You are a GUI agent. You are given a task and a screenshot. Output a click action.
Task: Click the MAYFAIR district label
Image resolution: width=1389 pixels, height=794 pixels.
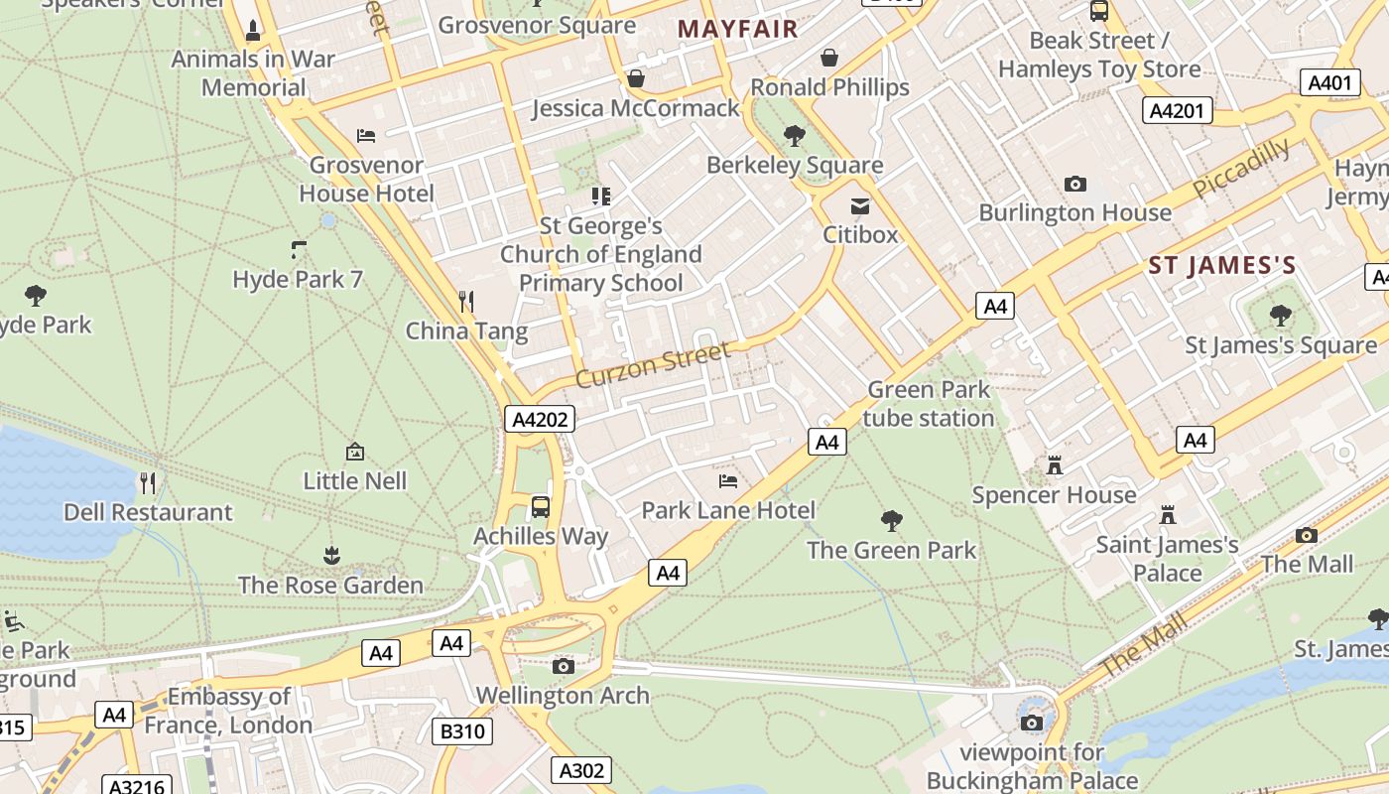point(738,29)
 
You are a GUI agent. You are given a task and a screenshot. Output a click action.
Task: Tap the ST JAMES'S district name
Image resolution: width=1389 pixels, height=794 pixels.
point(1222,265)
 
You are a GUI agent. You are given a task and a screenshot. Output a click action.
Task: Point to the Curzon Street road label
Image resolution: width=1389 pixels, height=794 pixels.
point(653,364)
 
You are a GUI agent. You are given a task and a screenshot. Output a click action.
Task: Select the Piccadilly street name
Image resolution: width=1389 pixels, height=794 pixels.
point(1241,168)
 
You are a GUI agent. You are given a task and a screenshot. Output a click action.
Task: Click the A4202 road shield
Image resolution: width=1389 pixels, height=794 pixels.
point(540,420)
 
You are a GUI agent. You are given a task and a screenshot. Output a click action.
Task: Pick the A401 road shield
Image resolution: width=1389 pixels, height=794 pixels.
point(1329,82)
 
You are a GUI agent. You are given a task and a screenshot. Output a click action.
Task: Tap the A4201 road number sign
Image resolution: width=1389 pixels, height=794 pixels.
point(1178,110)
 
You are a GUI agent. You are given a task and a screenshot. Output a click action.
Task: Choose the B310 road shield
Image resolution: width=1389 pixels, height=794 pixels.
point(462,732)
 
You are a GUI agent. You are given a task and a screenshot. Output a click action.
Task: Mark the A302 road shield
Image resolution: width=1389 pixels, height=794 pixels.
point(581,770)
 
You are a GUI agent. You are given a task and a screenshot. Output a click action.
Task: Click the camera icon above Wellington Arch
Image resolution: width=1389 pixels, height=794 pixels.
point(564,666)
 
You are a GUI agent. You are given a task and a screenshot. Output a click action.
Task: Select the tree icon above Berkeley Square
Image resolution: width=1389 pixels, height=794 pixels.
point(794,135)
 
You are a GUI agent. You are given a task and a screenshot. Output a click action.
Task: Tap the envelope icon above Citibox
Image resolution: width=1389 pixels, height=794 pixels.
point(859,206)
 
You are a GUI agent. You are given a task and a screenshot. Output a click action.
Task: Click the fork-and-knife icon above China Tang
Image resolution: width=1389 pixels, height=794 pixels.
point(466,301)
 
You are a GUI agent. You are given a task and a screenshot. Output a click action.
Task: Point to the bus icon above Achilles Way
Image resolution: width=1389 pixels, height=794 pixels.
point(541,507)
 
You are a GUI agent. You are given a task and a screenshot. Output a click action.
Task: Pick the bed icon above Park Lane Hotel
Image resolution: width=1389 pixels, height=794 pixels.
point(728,481)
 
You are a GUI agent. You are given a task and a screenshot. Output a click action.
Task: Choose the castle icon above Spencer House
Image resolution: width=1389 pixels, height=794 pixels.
point(1054,465)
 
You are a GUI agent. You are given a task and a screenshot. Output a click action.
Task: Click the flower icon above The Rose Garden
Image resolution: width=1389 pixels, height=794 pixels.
point(332,556)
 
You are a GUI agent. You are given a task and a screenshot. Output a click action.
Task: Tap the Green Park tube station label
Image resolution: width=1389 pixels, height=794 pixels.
point(929,404)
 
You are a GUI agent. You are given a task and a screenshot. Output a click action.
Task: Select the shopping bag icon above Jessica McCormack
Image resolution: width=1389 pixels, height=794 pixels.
point(636,78)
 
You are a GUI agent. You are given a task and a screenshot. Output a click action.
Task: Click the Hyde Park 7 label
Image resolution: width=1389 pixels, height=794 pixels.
point(298,280)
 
